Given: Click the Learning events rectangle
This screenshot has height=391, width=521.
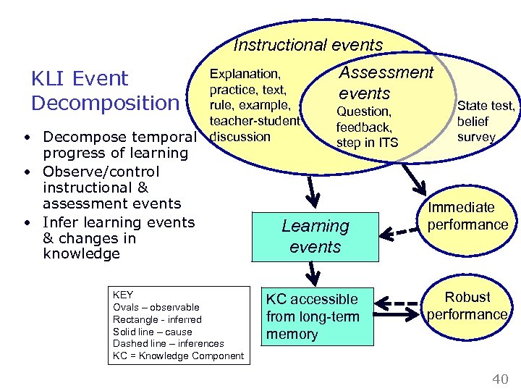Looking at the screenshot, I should pos(315,237).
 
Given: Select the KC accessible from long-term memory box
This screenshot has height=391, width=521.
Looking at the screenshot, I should pos(318,316).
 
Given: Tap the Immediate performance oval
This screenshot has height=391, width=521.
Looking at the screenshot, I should pos(467,216).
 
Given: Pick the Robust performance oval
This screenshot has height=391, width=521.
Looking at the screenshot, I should pos(467,306).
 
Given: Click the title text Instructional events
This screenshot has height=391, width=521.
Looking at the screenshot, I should pos(308,45).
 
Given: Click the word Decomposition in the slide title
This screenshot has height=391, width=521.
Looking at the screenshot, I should pos(104,103).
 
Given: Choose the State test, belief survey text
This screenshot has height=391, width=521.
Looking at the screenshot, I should pos(485,122).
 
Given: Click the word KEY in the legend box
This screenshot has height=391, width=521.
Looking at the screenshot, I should pos(123,295).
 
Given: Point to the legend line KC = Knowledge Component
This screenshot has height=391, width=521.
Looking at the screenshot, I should pos(178,356).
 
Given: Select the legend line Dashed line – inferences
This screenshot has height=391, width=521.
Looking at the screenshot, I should pos(168,343).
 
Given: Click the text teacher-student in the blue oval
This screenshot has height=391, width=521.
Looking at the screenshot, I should pos(253,121).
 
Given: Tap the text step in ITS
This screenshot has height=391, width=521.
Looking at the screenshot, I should pos(367,143).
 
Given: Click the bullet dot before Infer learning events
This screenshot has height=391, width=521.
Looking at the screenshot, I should pos(25,223).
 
